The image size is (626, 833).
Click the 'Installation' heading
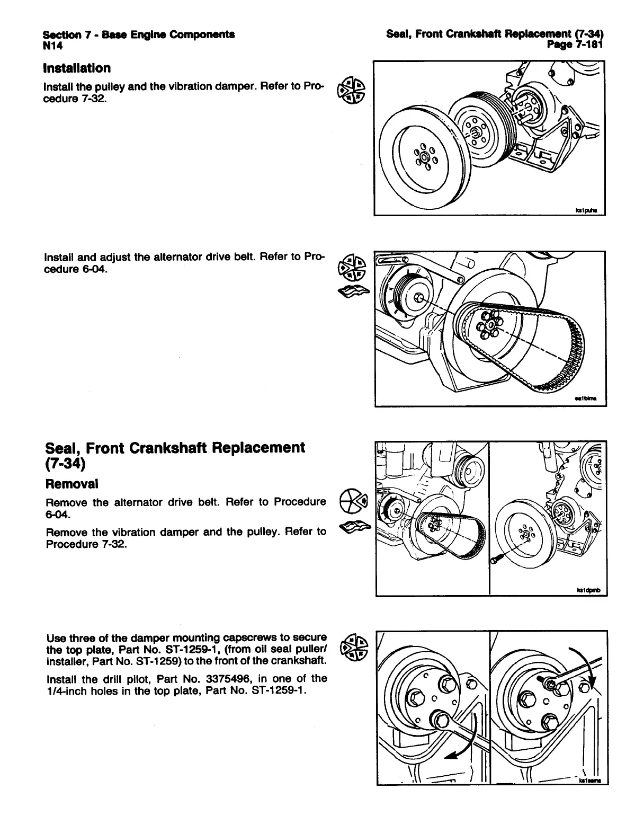(x=78, y=68)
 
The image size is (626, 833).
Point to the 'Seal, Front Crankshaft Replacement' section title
(x=175, y=448)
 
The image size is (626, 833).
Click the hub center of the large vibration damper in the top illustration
(x=423, y=157)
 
